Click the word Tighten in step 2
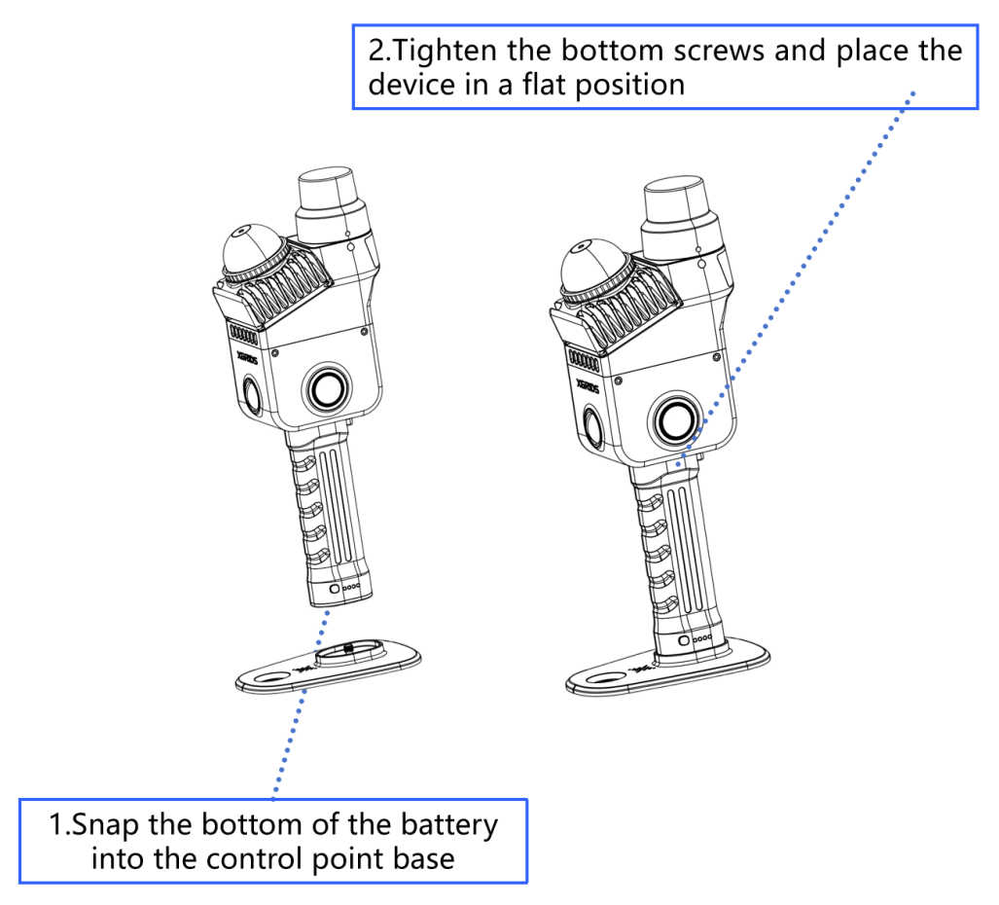pos(445,51)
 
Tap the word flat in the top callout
pos(546,84)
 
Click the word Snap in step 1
pos(104,824)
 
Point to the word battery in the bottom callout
pos(449,824)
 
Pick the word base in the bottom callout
pos(426,858)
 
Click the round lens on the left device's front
pos(329,388)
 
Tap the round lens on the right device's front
pos(676,420)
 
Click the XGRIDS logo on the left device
pos(247,357)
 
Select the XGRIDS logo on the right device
pos(588,385)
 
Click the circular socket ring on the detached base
pos(350,653)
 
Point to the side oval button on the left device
pos(252,394)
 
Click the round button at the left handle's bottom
pos(335,589)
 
